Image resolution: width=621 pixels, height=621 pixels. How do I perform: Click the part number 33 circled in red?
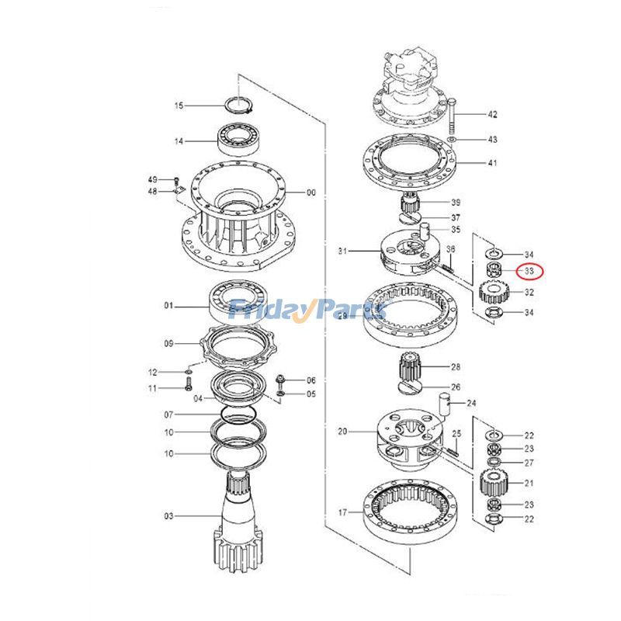point(529,272)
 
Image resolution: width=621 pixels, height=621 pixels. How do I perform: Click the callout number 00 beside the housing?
point(311,193)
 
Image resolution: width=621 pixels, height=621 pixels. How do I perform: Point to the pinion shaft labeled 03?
point(241,520)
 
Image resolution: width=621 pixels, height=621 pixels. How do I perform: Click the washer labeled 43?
point(452,139)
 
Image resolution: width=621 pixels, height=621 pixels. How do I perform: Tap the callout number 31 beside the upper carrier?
point(344,252)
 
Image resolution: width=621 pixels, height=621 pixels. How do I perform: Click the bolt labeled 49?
point(176,180)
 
